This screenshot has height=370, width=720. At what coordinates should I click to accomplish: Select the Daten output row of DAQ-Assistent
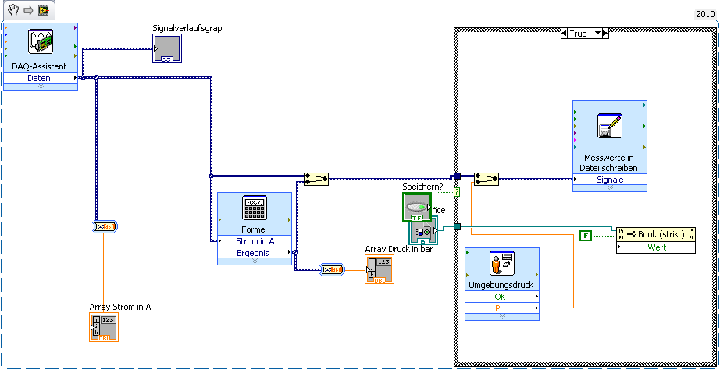click(40, 78)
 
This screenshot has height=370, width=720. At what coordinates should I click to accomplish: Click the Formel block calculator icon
click(254, 208)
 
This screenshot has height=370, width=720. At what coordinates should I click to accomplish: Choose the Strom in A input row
click(254, 241)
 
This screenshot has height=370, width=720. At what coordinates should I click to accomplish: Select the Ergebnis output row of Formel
click(254, 253)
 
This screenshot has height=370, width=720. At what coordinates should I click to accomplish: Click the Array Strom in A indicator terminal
click(103, 328)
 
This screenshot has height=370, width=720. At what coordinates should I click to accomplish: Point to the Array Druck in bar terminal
click(379, 269)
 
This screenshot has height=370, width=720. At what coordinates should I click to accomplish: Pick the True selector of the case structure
click(584, 34)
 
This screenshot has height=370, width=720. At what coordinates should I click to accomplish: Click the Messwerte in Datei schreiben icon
click(609, 126)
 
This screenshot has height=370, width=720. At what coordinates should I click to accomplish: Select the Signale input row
click(609, 180)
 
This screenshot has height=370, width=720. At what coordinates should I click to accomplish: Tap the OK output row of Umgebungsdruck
click(501, 297)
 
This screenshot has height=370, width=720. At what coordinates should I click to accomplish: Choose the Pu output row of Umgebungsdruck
click(501, 308)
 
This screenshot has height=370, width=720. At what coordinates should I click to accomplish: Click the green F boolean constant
click(586, 234)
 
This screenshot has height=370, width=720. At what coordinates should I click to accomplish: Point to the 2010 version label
click(705, 14)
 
